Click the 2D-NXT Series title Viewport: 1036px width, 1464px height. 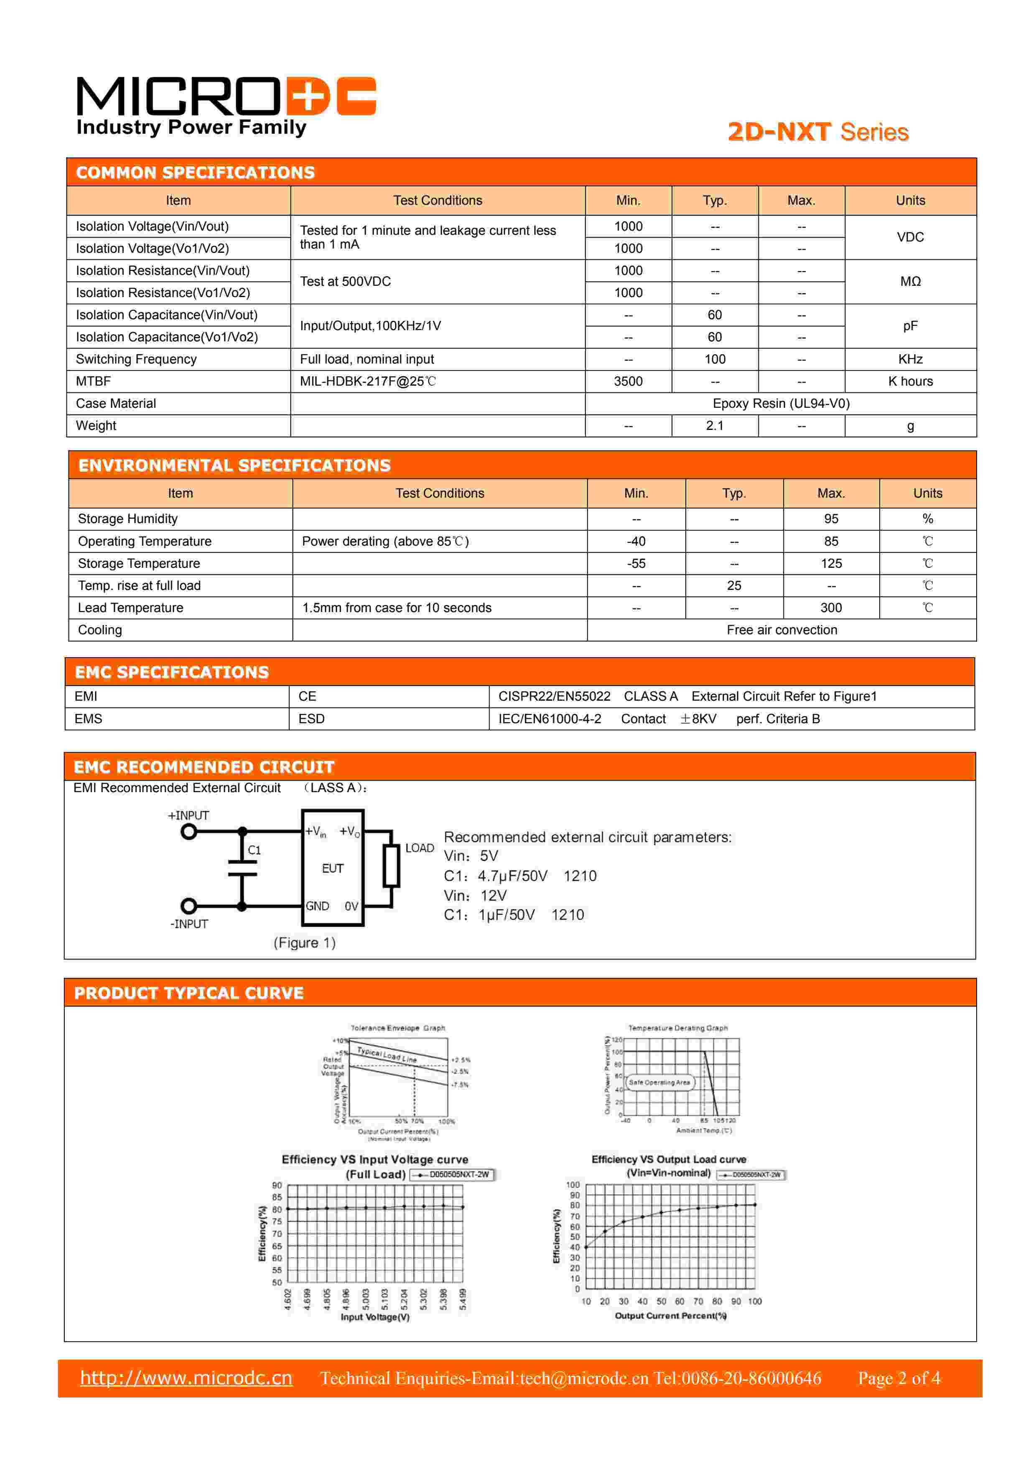(x=818, y=132)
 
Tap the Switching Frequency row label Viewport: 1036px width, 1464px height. (x=136, y=359)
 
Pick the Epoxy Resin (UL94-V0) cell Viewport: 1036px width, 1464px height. (x=780, y=404)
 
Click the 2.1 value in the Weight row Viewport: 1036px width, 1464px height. (x=715, y=425)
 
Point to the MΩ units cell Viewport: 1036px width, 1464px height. (x=910, y=281)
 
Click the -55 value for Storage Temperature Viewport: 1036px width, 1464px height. (x=636, y=564)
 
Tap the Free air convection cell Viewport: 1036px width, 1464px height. (x=781, y=630)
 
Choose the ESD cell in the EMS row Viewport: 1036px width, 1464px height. (x=311, y=719)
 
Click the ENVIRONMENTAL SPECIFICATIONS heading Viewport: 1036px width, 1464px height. (x=234, y=465)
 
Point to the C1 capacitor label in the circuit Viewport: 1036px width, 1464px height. (x=254, y=850)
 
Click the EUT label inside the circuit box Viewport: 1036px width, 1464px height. (x=332, y=869)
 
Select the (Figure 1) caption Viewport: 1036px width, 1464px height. (x=304, y=943)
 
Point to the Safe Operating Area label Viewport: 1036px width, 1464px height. (x=659, y=1082)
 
